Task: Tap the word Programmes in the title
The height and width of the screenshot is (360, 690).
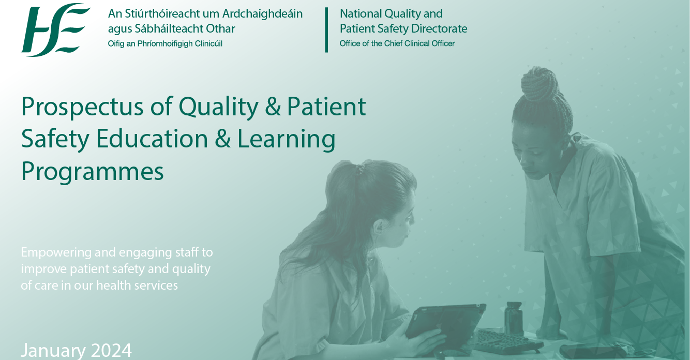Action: coord(92,172)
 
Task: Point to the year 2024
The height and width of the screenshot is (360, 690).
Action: coord(111,350)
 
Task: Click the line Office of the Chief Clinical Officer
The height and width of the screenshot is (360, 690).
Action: coord(397,43)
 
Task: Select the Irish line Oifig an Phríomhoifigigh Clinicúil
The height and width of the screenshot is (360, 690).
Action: coord(165,43)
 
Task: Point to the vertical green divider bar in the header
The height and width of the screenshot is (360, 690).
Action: coord(326,29)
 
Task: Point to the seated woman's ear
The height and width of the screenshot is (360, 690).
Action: coord(380,227)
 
